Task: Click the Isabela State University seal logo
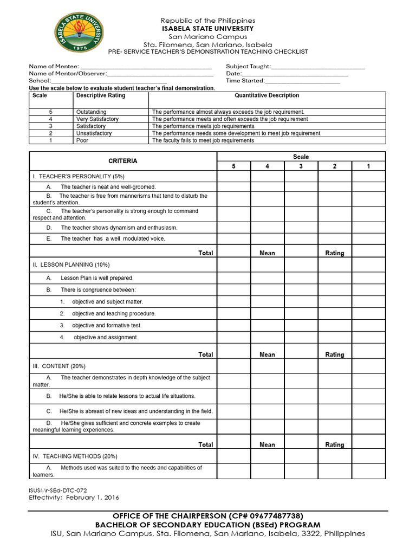pyautogui.click(x=80, y=33)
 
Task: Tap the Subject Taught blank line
pyautogui.click(x=318, y=68)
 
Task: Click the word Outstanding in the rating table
pyautogui.click(x=92, y=112)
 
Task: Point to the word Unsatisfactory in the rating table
pyautogui.click(x=94, y=133)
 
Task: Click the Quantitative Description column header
pyautogui.click(x=266, y=95)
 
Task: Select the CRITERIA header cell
pyautogui.click(x=123, y=161)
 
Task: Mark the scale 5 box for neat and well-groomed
pyautogui.click(x=233, y=186)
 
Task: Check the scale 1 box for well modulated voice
pyautogui.click(x=368, y=238)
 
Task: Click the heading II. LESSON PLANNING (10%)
pyautogui.click(x=71, y=264)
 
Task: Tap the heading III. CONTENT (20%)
pyautogui.click(x=59, y=366)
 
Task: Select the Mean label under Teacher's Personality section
pyautogui.click(x=267, y=253)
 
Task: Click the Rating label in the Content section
pyautogui.click(x=334, y=445)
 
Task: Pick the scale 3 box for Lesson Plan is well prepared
pyautogui.click(x=301, y=278)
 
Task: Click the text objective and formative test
pyautogui.click(x=107, y=325)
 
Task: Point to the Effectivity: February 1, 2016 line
pyautogui.click(x=74, y=497)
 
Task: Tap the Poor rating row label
pyautogui.click(x=82, y=140)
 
